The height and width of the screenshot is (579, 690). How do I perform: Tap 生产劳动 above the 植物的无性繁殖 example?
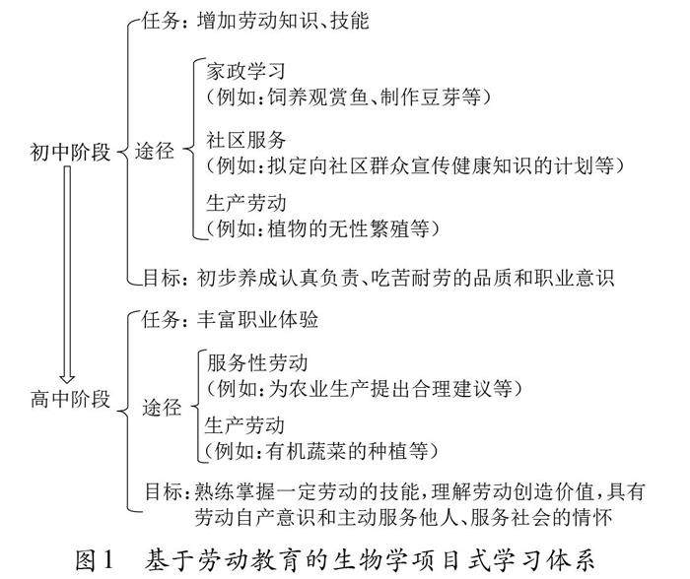(245, 205)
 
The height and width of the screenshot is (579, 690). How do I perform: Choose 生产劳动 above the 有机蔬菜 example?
(245, 426)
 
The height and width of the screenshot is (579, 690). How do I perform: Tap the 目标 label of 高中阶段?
(160, 488)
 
